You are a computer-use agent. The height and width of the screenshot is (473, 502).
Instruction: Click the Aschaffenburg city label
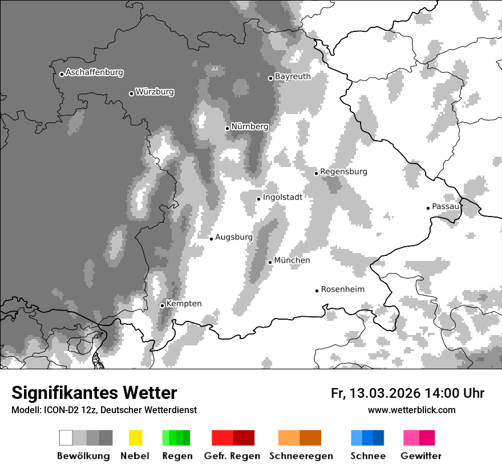tap(94, 73)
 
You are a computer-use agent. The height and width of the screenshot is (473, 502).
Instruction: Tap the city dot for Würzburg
tap(131, 93)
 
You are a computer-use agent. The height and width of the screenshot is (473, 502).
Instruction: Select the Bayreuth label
tap(293, 76)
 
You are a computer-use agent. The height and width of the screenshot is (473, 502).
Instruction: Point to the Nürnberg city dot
tap(227, 128)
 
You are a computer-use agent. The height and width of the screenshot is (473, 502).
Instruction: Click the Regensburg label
tap(343, 172)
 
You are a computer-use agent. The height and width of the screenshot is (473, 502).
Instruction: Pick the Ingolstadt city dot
tap(258, 199)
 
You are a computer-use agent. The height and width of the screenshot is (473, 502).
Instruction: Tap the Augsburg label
tap(234, 237)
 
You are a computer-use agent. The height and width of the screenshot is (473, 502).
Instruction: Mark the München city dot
tap(270, 262)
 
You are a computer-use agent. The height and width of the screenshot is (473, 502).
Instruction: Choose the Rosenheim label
tap(342, 289)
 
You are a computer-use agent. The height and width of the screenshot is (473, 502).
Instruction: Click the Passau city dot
tap(428, 208)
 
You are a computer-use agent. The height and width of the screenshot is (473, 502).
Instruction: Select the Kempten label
tap(184, 304)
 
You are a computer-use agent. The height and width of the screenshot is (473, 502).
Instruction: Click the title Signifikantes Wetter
tap(94, 393)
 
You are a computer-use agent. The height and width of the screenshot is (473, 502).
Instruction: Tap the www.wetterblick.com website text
tap(411, 410)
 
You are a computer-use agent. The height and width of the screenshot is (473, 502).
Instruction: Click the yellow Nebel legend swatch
tap(135, 438)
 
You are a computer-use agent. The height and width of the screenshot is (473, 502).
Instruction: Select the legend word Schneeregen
tap(301, 456)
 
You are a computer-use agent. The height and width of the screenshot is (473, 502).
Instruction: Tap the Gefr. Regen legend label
tap(232, 456)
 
